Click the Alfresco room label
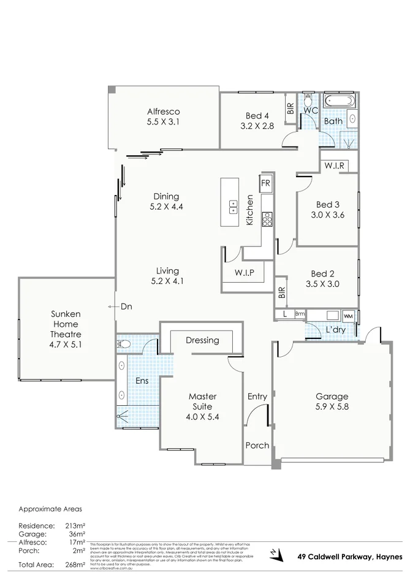click(x=163, y=112)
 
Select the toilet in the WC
click(x=308, y=100)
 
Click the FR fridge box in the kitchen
click(x=265, y=183)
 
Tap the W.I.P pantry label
click(x=244, y=272)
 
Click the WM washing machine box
click(x=348, y=315)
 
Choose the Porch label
click(x=257, y=445)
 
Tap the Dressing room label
click(x=202, y=340)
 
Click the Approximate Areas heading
click(x=50, y=509)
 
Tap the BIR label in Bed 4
click(x=290, y=109)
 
